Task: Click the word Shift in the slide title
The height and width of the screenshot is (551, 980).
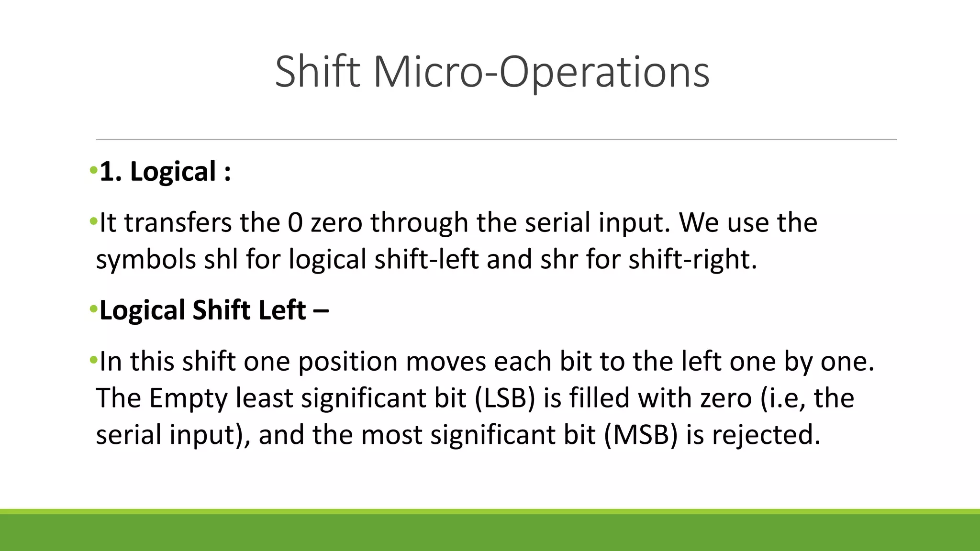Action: pyautogui.click(x=317, y=72)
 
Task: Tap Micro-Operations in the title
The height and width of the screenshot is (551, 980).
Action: pyautogui.click(x=541, y=72)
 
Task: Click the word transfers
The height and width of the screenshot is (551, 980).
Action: pyautogui.click(x=178, y=223)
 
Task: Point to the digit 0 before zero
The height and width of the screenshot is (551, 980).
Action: pyautogui.click(x=295, y=223)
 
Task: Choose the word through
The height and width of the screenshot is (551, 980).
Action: pyautogui.click(x=419, y=223)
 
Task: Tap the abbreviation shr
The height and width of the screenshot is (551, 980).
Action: pyautogui.click(x=559, y=260)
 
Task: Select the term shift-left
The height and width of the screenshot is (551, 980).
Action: pyautogui.click(x=426, y=260)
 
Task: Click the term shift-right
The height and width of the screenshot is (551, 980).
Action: pyautogui.click(x=692, y=260)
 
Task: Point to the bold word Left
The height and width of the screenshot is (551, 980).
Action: pyautogui.click(x=282, y=310)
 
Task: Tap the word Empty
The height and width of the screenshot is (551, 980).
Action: pyautogui.click(x=188, y=398)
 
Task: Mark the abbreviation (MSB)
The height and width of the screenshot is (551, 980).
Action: pyautogui.click(x=641, y=435)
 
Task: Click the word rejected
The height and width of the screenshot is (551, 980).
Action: pyautogui.click(x=766, y=435)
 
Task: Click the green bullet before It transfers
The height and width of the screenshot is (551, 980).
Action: pyautogui.click(x=93, y=221)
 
